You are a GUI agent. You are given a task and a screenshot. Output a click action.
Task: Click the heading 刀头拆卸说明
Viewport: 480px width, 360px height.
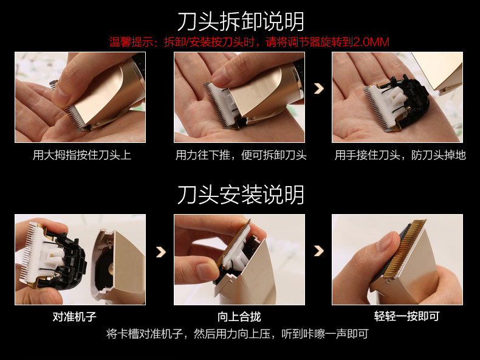[x=241, y=22]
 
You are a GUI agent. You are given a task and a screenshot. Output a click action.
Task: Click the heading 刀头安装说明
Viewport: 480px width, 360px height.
[x=241, y=195]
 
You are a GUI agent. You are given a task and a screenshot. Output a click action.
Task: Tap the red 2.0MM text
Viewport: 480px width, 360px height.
[x=371, y=42]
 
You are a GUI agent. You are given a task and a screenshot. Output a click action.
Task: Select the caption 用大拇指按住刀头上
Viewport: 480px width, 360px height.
[x=82, y=155]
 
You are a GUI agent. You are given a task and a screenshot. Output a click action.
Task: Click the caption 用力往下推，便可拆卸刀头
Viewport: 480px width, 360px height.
[x=241, y=155]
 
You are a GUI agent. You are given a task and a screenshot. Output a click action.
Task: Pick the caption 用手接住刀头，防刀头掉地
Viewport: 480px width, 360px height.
[x=400, y=155]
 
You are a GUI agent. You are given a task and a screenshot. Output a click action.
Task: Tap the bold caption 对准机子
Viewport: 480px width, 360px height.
[x=74, y=316]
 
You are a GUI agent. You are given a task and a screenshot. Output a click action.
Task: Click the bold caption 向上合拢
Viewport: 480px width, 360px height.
[x=239, y=316]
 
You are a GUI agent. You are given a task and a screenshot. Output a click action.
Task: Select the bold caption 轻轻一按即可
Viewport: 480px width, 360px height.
[x=406, y=316]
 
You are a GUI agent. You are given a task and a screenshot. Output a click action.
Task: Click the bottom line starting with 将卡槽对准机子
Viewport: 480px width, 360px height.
[x=237, y=334]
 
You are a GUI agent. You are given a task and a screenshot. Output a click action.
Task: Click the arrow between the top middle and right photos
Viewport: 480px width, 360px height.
[x=318, y=89]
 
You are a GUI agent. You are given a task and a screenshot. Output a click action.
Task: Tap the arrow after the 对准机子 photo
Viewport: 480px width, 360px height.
[x=161, y=252]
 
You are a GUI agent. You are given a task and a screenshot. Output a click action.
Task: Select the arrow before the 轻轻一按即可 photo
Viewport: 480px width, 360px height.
[x=318, y=251]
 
